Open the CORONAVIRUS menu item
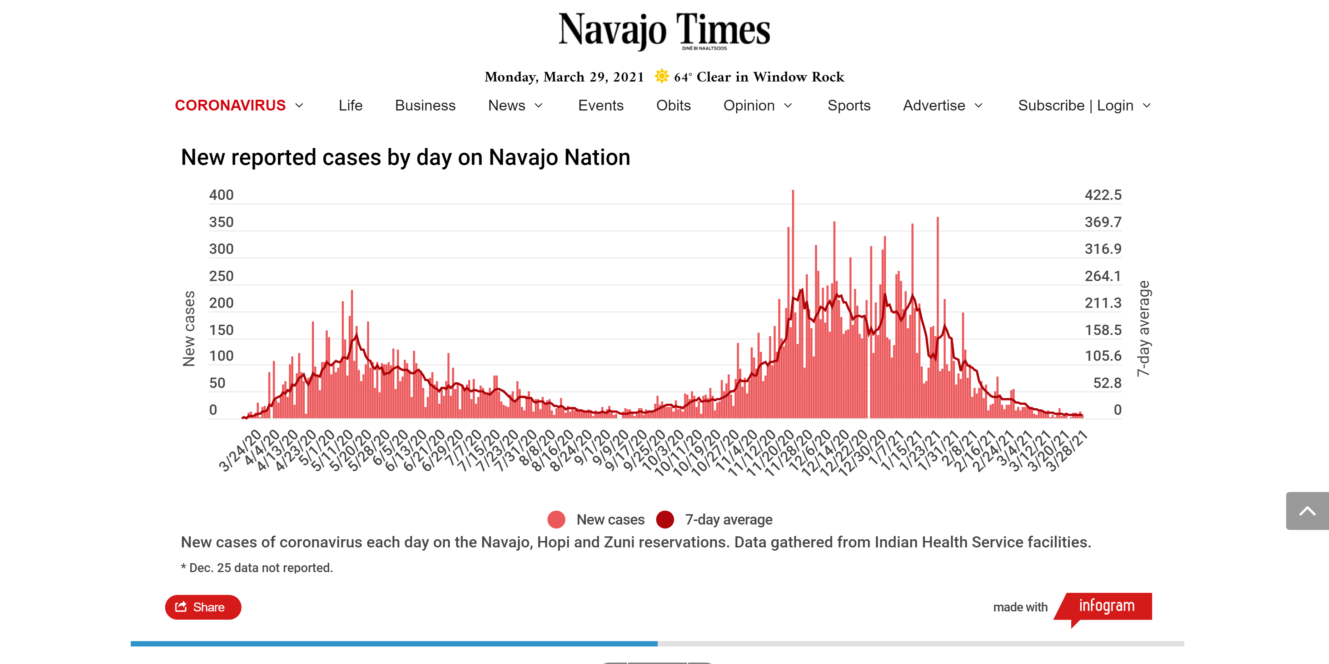coord(230,105)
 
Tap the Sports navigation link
coord(849,105)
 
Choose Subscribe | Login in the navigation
coord(1076,105)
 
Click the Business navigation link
coord(425,105)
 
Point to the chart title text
coord(405,157)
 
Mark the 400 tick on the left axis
coord(221,195)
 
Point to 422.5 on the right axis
coord(1103,195)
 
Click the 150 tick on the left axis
coord(221,330)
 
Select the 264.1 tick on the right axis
coord(1103,276)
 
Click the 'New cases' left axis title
coord(189,328)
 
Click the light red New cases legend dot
coord(556,520)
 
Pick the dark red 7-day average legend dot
coord(665,520)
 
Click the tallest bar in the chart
coord(793,305)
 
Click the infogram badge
coord(1107,606)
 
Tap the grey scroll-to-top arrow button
coord(1307,511)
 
